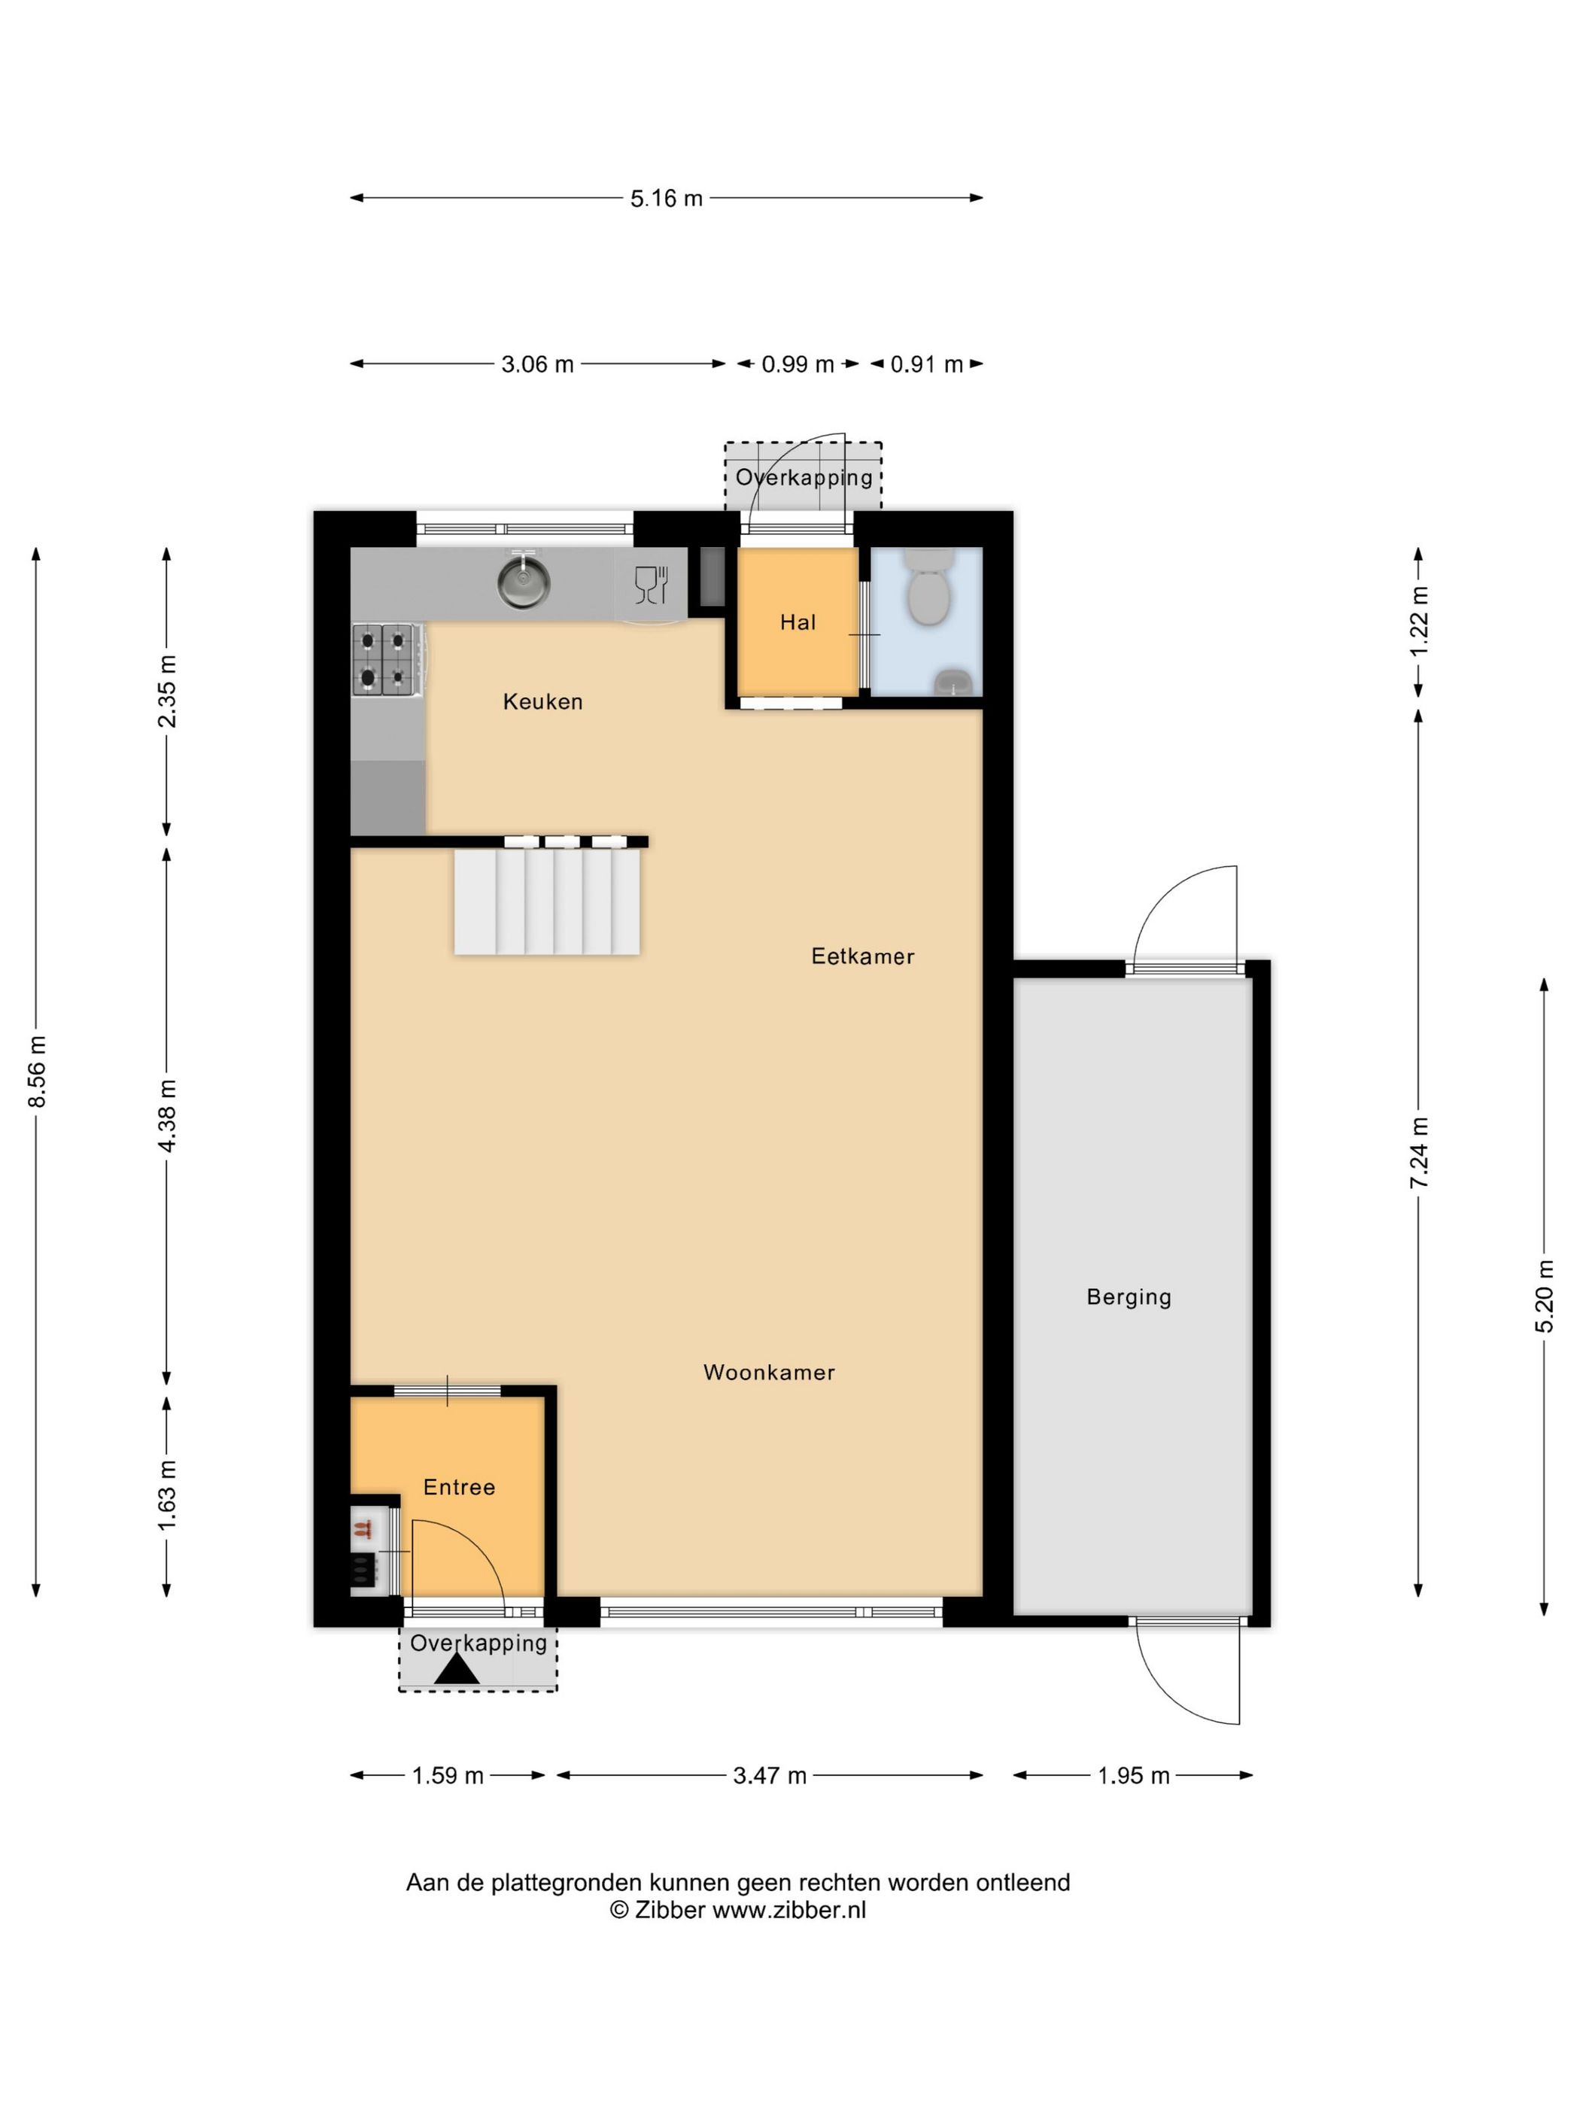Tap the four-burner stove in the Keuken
point(387,659)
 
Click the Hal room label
point(797,622)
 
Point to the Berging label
point(1129,1297)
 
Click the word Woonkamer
point(769,1373)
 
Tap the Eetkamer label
point(862,956)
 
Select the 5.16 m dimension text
point(666,198)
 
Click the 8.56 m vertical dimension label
point(37,1072)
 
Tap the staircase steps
point(547,901)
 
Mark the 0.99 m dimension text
point(797,364)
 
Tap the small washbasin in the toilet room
point(953,680)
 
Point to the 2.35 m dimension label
point(167,691)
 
